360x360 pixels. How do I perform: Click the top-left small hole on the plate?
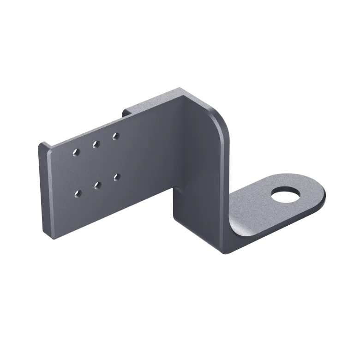tap(77, 151)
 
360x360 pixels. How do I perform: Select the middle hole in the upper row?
tap(96, 144)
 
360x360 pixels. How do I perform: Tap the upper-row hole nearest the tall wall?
tap(115, 136)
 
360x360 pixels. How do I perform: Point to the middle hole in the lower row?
tap(97, 185)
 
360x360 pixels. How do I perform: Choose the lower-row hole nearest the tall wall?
tap(116, 176)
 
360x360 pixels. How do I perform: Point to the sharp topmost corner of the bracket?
tap(177, 86)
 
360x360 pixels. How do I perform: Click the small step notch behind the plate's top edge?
tap(126, 111)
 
